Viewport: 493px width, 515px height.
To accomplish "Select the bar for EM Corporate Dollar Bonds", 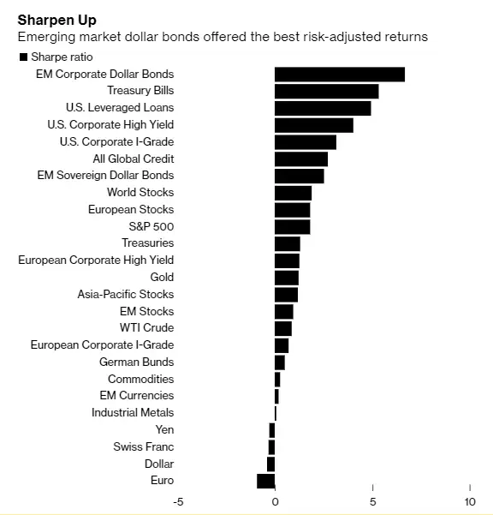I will [x=339, y=75].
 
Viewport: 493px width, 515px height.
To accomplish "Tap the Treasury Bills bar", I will [x=326, y=91].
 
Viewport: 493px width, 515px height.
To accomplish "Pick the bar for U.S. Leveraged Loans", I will [x=323, y=108].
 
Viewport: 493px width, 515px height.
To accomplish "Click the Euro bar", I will [x=266, y=481].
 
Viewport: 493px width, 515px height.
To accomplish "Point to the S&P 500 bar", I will [x=292, y=226].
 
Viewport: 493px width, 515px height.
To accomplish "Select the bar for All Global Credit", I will [x=300, y=159].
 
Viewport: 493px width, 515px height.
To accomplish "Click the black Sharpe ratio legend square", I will [x=23, y=57].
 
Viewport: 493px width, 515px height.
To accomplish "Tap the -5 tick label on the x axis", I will [x=178, y=501].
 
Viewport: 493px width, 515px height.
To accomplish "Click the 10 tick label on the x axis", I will [x=470, y=501].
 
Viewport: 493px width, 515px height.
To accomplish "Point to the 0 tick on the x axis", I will [x=275, y=501].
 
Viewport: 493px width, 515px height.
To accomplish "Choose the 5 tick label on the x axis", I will [x=372, y=501].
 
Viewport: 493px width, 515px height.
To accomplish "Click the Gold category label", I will [x=162, y=277].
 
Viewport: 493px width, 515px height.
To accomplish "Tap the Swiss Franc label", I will [x=143, y=446].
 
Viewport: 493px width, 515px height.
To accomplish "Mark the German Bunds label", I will [x=136, y=362].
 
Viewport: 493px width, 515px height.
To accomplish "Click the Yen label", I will [x=164, y=429].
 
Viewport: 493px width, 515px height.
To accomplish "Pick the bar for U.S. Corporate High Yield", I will [x=313, y=125].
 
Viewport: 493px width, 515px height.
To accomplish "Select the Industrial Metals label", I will [x=133, y=412].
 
